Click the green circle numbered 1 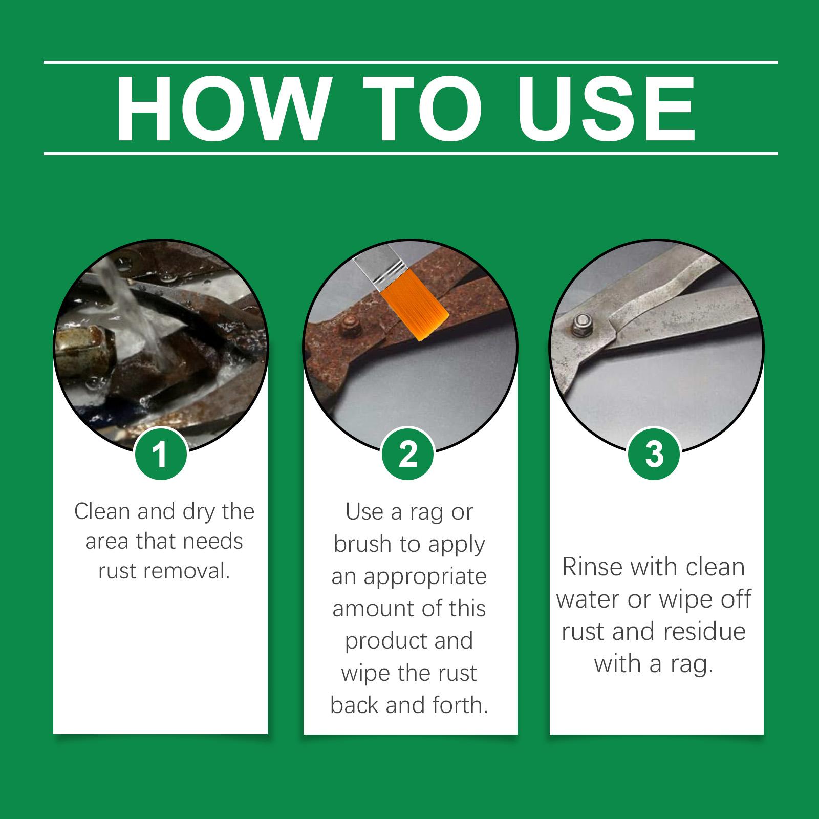click(160, 454)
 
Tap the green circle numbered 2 click(408, 454)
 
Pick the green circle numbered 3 click(654, 454)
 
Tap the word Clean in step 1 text click(102, 511)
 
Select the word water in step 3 click(589, 599)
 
